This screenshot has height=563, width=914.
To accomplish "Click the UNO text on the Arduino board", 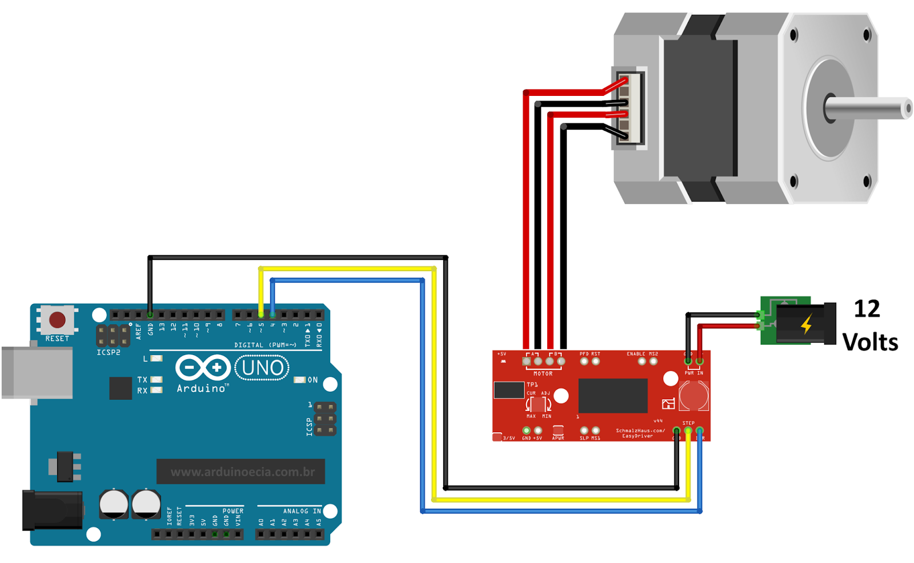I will (262, 368).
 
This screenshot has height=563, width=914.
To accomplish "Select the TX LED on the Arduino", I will (155, 380).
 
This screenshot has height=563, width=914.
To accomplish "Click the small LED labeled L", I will (156, 359).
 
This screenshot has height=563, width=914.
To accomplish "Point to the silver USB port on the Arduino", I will (37, 372).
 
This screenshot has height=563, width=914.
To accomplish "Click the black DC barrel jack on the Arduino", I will (51, 510).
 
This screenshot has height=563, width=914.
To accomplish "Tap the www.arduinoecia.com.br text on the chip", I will (242, 472).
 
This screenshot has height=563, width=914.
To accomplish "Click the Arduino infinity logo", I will (203, 368).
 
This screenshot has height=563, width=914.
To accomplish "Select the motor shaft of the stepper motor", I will (868, 108).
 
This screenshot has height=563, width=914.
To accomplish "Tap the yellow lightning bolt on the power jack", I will (806, 324).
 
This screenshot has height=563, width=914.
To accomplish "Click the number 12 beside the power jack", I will (867, 309).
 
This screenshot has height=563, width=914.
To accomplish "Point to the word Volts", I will (870, 343).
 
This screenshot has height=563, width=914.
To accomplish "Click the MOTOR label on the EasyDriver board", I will (543, 373).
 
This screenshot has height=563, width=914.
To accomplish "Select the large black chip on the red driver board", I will (612, 395).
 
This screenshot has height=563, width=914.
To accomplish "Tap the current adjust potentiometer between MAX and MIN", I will (538, 404).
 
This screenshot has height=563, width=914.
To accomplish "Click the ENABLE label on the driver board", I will (636, 354).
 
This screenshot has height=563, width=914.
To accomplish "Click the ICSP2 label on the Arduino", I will (109, 352).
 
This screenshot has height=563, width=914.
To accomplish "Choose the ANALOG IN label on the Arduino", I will (302, 511).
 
